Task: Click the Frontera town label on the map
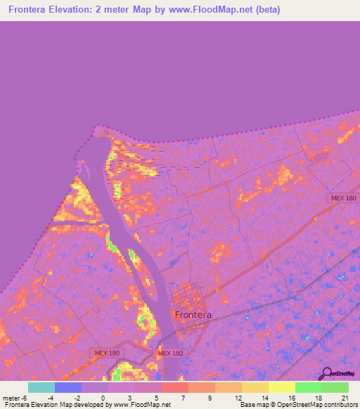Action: pyautogui.click(x=193, y=315)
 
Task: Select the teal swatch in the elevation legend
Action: pyautogui.click(x=41, y=387)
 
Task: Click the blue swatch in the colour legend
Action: pyautogui.click(x=68, y=387)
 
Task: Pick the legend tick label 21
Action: pyautogui.click(x=345, y=398)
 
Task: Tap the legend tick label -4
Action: pyautogui.click(x=49, y=398)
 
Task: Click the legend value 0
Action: pyautogui.click(x=103, y=398)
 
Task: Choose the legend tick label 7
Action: pyautogui.click(x=183, y=398)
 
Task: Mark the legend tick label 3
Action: pyautogui.click(x=129, y=398)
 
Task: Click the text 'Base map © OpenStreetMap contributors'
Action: pyautogui.click(x=297, y=405)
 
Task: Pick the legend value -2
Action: pyautogui.click(x=76, y=398)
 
